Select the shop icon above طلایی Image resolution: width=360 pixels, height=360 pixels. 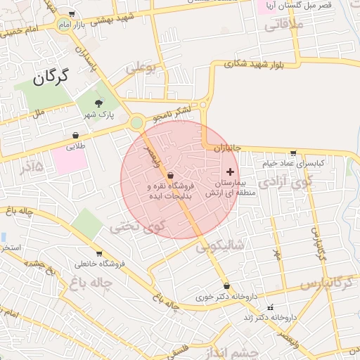(x=75, y=135)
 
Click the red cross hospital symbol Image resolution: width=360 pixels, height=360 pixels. (x=230, y=172)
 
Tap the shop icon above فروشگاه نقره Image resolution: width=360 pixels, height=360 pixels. (x=171, y=175)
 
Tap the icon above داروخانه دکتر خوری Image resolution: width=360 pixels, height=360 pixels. (x=226, y=285)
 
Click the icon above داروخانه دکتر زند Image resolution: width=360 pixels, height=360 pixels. (x=270, y=307)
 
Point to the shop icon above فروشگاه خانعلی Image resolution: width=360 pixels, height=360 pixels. (x=98, y=253)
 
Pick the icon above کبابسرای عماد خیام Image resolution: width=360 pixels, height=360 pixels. (x=293, y=153)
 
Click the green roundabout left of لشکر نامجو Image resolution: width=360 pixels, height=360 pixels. (x=136, y=124)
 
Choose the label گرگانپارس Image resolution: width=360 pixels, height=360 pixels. (x=326, y=283)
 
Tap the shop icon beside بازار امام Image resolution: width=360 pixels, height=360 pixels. (x=73, y=15)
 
